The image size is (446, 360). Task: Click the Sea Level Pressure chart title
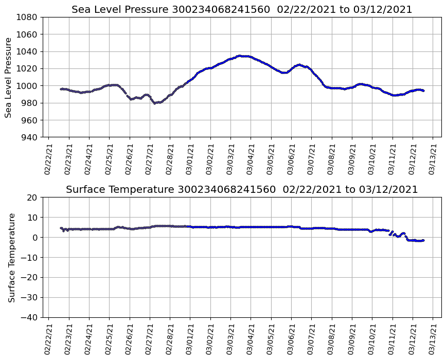(x=242, y=10)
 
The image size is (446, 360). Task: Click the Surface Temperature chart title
(x=242, y=190)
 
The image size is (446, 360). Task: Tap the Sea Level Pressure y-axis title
(x=8, y=77)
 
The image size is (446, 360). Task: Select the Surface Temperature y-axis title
(x=11, y=257)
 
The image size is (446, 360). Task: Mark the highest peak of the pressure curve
(x=240, y=56)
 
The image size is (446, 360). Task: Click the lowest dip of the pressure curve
(x=154, y=103)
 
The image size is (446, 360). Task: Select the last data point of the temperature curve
(x=423, y=240)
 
